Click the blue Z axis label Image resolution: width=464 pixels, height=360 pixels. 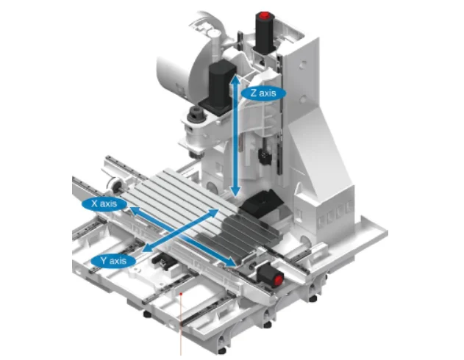click(263, 93)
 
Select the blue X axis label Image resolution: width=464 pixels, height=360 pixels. click(104, 204)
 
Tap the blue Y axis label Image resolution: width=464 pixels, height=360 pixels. click(113, 261)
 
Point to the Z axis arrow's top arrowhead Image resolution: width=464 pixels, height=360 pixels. click(235, 79)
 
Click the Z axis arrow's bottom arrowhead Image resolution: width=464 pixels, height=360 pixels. click(235, 192)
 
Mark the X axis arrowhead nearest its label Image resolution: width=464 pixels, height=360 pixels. click(135, 210)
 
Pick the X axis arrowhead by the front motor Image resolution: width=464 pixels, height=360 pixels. click(232, 262)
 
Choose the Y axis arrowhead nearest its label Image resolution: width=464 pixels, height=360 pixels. click(147, 248)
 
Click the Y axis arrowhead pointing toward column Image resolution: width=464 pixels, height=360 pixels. click(213, 212)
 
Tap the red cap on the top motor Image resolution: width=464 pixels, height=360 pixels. click(264, 15)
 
